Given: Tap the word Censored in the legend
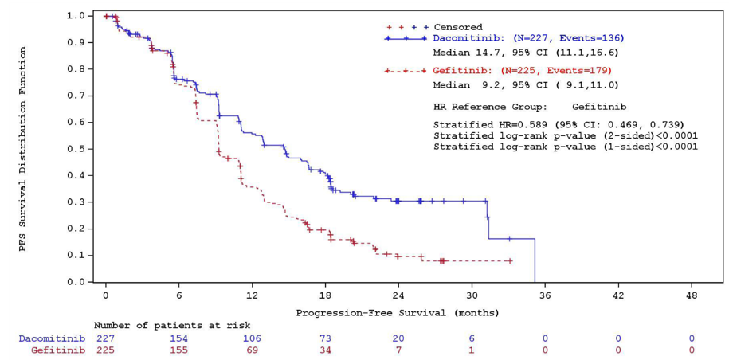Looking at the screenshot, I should (x=457, y=27).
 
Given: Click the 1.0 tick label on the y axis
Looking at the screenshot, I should (x=76, y=15).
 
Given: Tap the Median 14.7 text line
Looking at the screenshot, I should (x=525, y=53).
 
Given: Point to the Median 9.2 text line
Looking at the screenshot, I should (x=525, y=84).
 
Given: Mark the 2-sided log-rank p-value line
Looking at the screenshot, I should (x=565, y=135).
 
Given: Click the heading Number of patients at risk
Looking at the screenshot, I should (x=171, y=326).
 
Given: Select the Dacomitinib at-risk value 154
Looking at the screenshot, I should (x=178, y=338).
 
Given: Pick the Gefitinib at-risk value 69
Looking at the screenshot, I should (x=252, y=350).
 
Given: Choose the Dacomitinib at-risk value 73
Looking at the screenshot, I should (x=325, y=338).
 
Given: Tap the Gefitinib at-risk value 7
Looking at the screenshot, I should (x=398, y=350).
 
